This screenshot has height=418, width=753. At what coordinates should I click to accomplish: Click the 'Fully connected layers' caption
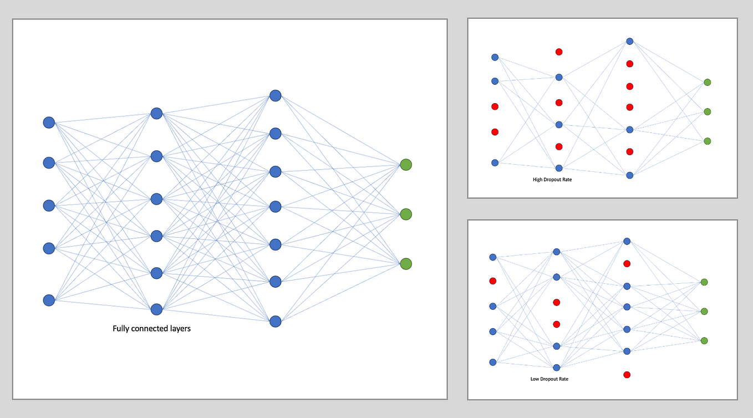coord(151,328)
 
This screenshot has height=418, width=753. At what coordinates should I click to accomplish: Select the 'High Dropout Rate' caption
coord(551,180)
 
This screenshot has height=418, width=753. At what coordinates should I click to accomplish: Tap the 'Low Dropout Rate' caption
coord(549,379)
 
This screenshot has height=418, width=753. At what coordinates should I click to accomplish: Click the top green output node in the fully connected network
coord(406,165)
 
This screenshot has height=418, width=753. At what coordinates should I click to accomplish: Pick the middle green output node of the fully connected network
coord(406,214)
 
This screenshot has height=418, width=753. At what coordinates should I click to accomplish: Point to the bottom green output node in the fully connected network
coord(406,263)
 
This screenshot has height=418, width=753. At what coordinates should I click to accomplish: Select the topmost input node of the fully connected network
coord(49,123)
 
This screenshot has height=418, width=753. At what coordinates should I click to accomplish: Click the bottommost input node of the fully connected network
coord(49,300)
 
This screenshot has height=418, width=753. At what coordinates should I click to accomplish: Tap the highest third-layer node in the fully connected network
coord(275,95)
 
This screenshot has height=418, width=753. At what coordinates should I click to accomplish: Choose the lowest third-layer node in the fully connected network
coord(275,321)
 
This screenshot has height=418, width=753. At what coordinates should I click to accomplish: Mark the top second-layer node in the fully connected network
coord(156,113)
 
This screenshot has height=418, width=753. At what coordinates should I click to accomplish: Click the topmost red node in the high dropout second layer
coord(559,52)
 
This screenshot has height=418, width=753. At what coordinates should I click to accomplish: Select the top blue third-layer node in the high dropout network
coord(629,41)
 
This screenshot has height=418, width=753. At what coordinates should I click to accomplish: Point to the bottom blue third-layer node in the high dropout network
coord(629,175)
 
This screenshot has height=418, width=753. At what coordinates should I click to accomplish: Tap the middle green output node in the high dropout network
coord(707,111)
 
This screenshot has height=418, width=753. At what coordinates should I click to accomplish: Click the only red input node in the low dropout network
coord(492,281)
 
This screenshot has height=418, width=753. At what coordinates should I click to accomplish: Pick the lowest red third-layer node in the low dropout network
coord(627,375)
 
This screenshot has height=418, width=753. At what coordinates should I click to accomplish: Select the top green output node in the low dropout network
coord(704,282)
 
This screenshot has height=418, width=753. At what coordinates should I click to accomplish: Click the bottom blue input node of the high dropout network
coord(495,162)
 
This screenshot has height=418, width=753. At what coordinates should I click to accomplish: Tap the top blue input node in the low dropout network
coord(492,257)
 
